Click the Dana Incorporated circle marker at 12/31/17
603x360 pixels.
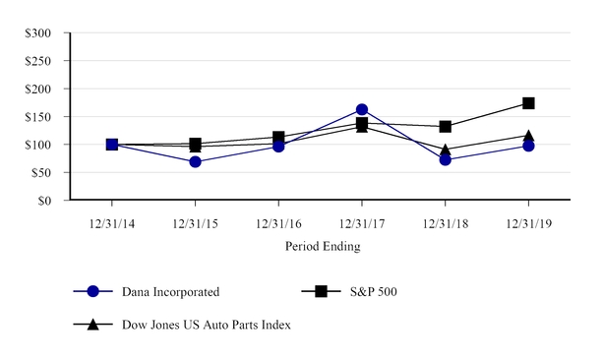click(362, 110)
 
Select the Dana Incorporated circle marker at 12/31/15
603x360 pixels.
click(196, 161)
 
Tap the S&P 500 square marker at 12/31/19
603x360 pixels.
click(528, 103)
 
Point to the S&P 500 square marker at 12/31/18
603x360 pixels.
click(446, 127)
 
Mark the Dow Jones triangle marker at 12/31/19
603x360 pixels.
click(528, 136)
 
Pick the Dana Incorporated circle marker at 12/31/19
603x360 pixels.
click(528, 146)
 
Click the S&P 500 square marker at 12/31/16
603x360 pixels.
click(278, 138)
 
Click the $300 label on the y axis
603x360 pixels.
click(39, 32)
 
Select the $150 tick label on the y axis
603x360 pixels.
click(39, 117)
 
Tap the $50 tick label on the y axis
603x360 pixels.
click(42, 173)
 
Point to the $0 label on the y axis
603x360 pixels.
click(45, 201)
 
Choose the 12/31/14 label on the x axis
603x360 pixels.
click(112, 224)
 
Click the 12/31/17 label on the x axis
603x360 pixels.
click(362, 224)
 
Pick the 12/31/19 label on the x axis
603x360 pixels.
click(528, 224)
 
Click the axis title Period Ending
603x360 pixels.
click(322, 246)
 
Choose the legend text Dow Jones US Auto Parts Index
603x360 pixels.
click(207, 324)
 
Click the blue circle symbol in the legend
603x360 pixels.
click(93, 292)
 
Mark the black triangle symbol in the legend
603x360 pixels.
click(93, 324)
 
